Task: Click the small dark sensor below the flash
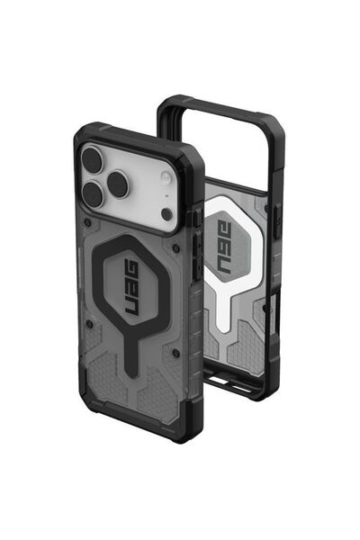click(x=166, y=214)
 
